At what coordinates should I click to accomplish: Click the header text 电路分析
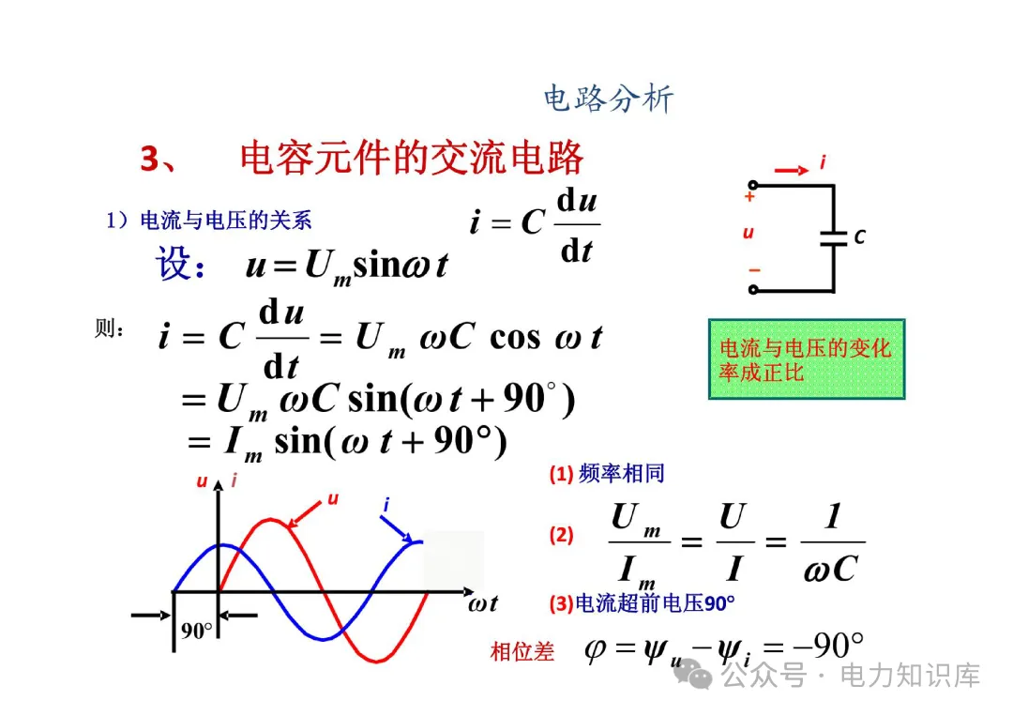[609, 99]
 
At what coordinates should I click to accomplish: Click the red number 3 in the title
[151, 159]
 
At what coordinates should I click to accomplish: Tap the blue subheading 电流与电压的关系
[225, 221]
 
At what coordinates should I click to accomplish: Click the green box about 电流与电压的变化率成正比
[806, 359]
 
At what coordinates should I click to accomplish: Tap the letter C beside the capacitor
[859, 237]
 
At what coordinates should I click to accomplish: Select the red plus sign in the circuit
[749, 197]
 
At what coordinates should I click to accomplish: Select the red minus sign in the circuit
[753, 270]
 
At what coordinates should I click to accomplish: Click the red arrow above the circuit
[792, 170]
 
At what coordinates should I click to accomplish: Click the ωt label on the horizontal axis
[483, 603]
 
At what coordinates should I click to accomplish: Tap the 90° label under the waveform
[197, 631]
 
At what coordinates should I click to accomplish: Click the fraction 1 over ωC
[832, 543]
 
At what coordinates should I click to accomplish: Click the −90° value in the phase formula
[825, 647]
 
